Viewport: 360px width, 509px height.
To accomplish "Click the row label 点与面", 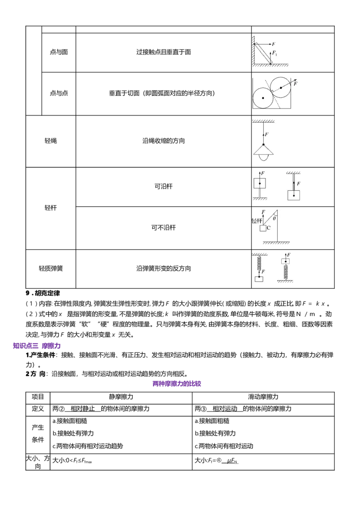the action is pos(59,52).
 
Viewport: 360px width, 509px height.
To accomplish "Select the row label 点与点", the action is pos(59,93).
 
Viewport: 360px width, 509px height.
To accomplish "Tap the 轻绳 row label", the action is pos(51,141).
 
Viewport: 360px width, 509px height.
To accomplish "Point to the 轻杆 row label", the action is pos(51,208).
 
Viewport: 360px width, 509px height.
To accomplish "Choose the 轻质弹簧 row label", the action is pos(51,268).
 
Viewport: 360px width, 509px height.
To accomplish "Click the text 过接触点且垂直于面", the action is pos(163,52).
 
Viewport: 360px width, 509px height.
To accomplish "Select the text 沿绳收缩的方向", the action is pos(163,141).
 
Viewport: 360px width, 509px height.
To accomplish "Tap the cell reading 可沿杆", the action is pos(163,186).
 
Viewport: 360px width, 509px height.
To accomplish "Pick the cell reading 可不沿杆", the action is pos(163,228).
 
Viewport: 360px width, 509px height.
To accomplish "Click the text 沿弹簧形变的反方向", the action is pos(163,268).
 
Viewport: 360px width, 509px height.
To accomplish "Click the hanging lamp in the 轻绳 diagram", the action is pos(264,152).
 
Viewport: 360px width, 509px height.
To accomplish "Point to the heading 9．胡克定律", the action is pos(43,293).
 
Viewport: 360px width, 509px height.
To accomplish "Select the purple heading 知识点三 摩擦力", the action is pos(37,346).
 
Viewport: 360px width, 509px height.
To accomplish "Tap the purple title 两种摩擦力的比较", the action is pos(177,384).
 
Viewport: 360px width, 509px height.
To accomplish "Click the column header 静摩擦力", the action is pos(121,397).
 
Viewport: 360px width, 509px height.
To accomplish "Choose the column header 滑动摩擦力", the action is pos(263,397).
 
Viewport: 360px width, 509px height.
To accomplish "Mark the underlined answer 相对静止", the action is pos(82,409).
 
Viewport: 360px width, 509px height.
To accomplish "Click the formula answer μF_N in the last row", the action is pos(232,460).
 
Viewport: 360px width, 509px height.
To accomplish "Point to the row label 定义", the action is pos(38,409).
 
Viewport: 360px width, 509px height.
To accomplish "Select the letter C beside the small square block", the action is pos(269,228).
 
